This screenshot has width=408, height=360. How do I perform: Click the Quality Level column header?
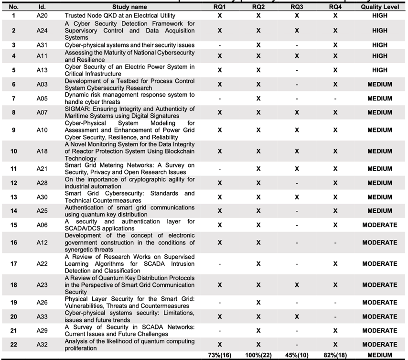pyautogui.click(x=380, y=7)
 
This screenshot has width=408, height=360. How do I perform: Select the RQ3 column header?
pyautogui.click(x=297, y=7)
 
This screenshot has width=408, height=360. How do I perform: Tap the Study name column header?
pyautogui.click(x=129, y=7)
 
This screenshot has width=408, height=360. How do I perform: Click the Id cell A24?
pyautogui.click(x=43, y=31)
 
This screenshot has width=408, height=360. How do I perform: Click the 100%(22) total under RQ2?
pyautogui.click(x=258, y=355)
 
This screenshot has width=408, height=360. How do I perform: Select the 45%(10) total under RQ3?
pyautogui.click(x=297, y=355)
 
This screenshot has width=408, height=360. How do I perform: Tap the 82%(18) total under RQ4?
pyautogui.click(x=335, y=355)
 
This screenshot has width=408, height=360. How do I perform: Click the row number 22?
pyautogui.click(x=13, y=345)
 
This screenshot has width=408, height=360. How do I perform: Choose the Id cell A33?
pyautogui.click(x=43, y=316)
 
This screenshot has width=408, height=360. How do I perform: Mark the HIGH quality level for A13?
pyautogui.click(x=380, y=70)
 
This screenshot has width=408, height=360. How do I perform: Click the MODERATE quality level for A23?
pyautogui.click(x=380, y=285)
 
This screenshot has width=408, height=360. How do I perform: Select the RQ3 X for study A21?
pyautogui.click(x=297, y=169)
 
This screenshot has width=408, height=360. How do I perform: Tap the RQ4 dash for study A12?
pyautogui.click(x=335, y=242)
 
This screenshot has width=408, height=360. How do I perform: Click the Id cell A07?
pyautogui.click(x=43, y=113)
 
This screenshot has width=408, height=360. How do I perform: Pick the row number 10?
pyautogui.click(x=13, y=152)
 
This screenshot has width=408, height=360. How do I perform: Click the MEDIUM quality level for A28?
pyautogui.click(x=380, y=183)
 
